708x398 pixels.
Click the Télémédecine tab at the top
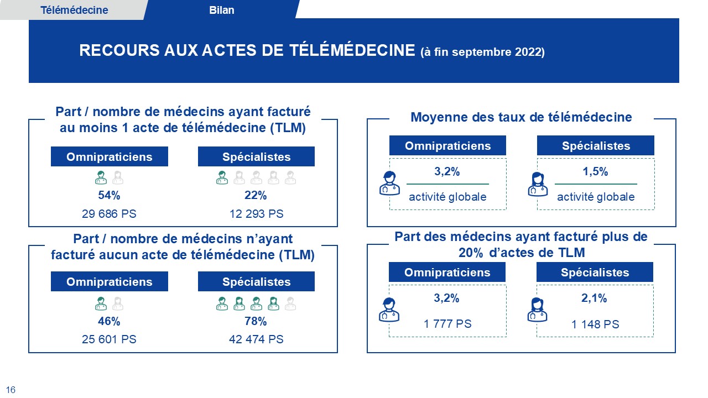tap(74, 10)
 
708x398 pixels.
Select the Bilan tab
tap(222, 10)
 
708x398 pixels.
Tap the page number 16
tap(11, 390)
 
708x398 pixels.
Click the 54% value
tap(109, 195)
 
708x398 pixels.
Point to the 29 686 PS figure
tap(109, 213)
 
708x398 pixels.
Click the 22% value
tap(256, 195)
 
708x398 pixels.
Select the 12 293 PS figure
tap(256, 213)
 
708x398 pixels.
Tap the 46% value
tap(109, 321)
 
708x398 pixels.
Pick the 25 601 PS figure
tap(109, 339)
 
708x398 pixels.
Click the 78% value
tap(256, 321)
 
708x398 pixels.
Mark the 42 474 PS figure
tap(256, 339)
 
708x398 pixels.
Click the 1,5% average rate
tap(596, 172)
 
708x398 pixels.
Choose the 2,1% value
tap(595, 298)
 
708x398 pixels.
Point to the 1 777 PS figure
tap(447, 324)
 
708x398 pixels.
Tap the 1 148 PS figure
tap(595, 324)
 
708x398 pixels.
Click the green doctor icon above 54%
tap(101, 177)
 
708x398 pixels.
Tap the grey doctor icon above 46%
tap(118, 303)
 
